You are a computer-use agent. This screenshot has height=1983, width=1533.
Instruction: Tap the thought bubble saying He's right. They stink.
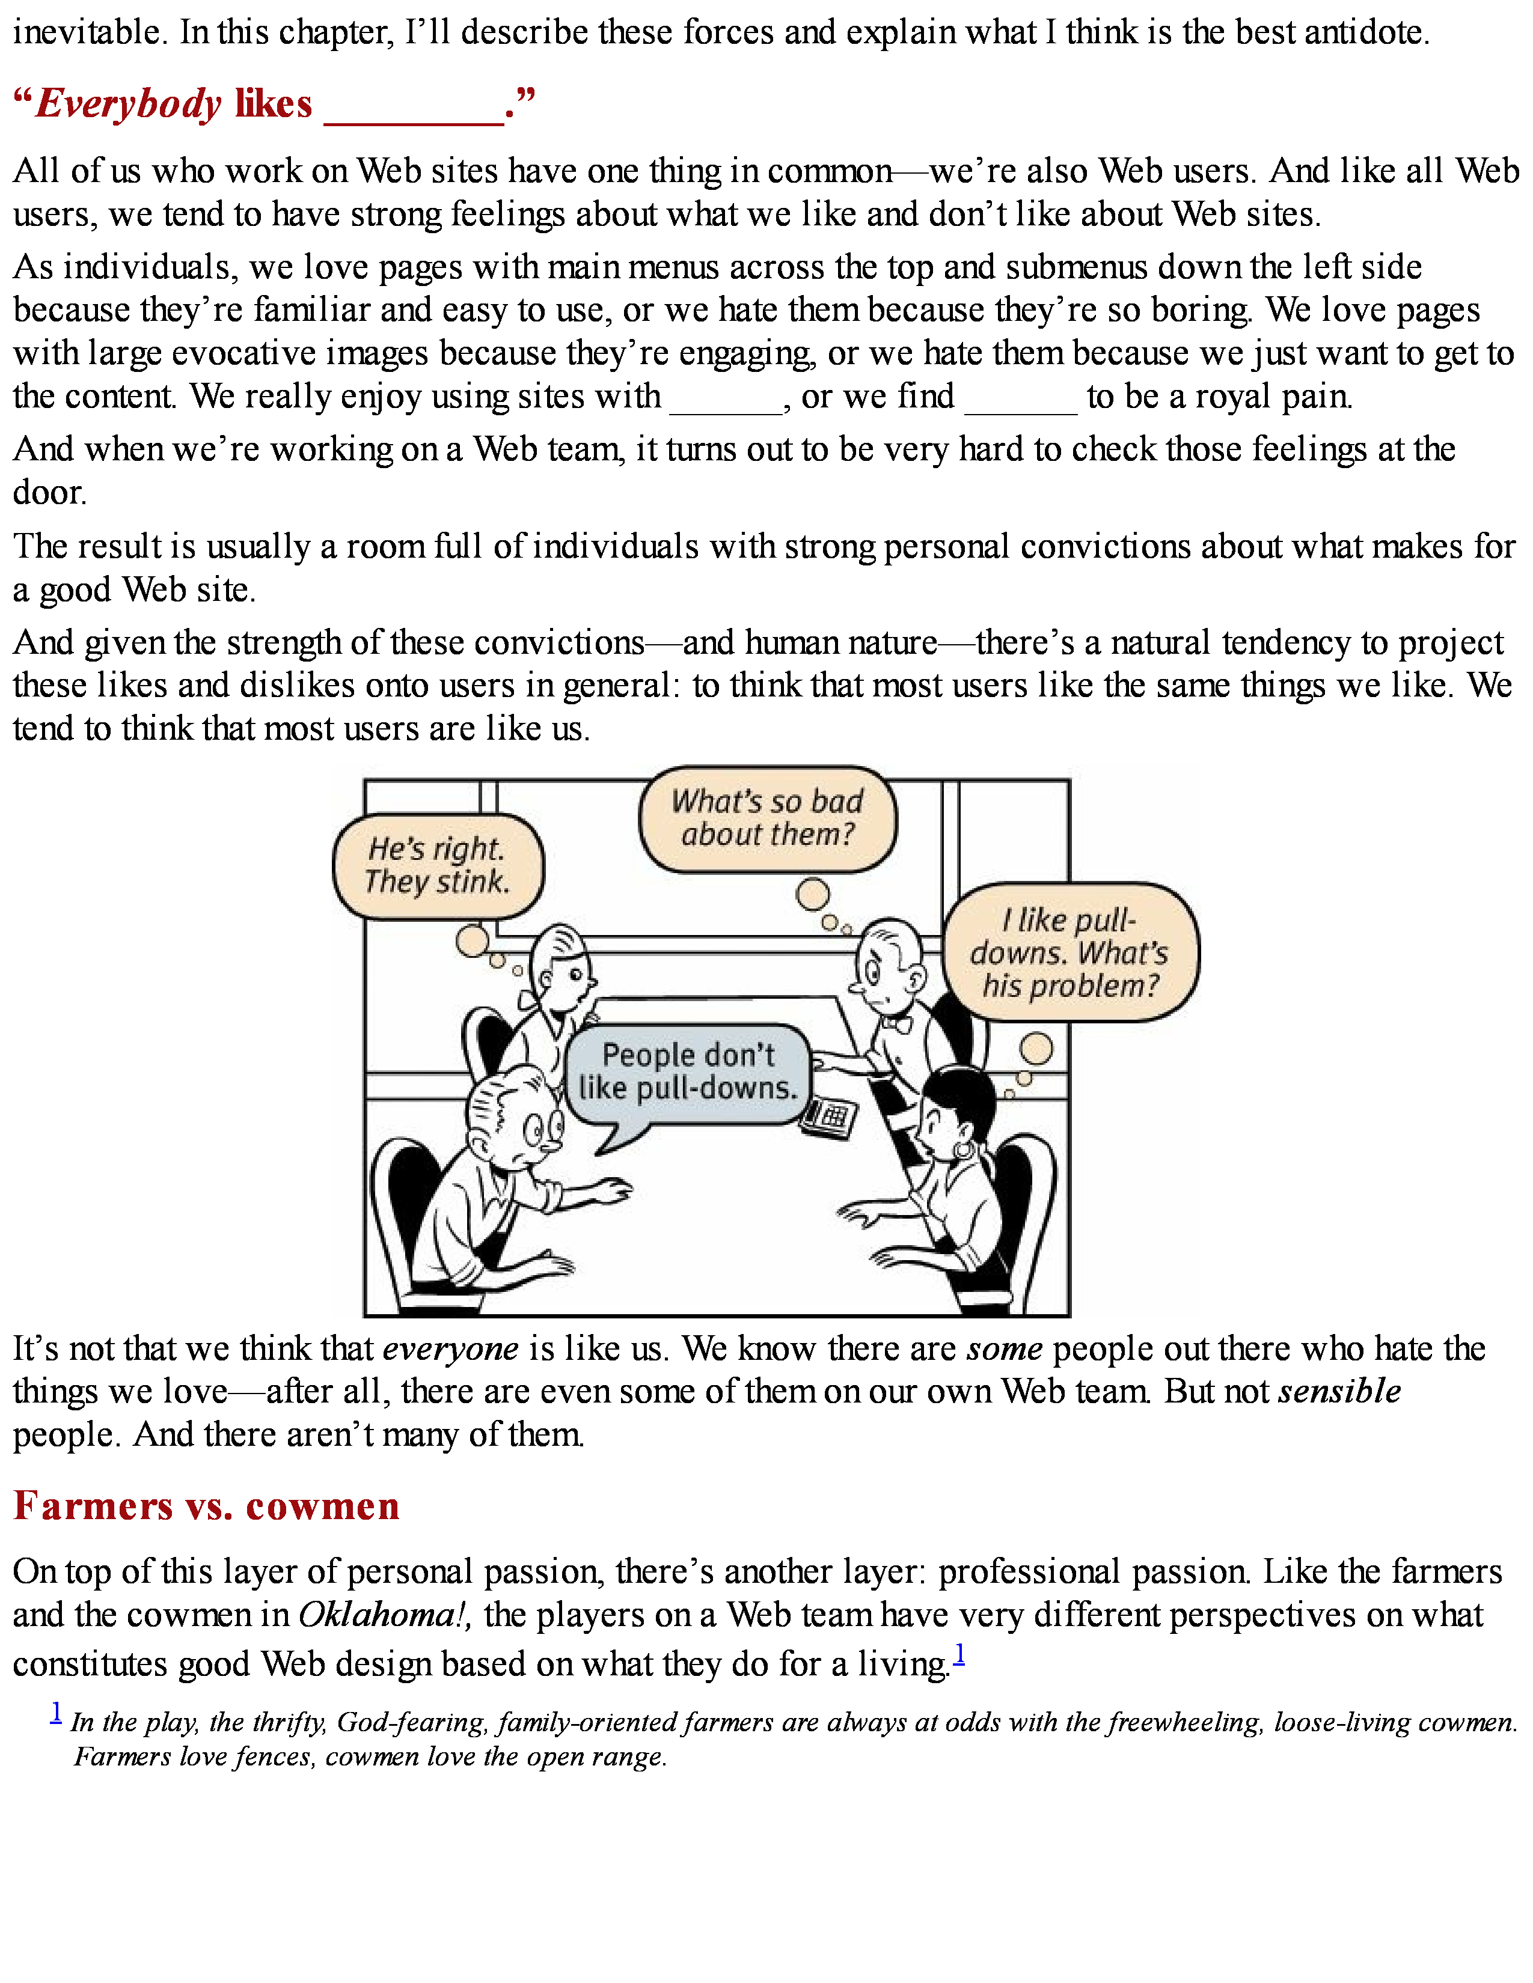[x=438, y=865]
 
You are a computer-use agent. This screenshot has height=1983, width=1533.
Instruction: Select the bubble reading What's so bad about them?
[x=768, y=818]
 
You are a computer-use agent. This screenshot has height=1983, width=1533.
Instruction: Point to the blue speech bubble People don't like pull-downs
[x=688, y=1072]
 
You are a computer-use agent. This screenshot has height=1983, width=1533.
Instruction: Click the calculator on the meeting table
[x=828, y=1117]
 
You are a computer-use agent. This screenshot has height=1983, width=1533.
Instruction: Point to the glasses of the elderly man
[x=543, y=1130]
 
